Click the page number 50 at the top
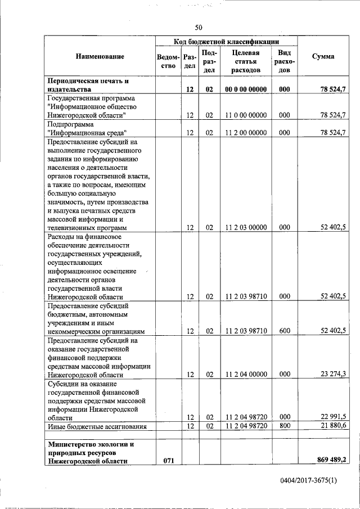pos(199,28)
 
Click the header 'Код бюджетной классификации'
pos(226,42)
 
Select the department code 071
pos(168,461)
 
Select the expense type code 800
pos(284,427)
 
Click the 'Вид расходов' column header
pos(284,61)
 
